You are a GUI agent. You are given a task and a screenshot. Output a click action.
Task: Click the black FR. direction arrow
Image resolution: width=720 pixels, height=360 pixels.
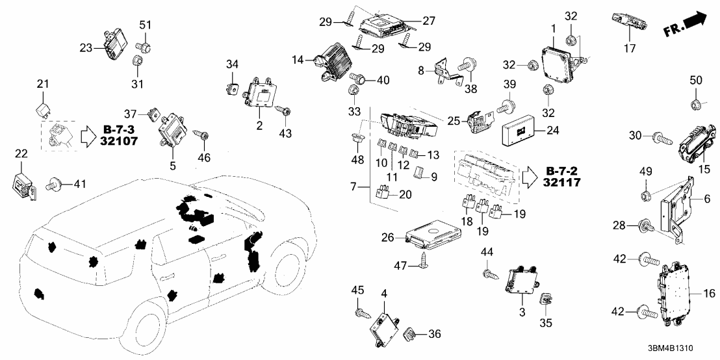pyautogui.click(x=686, y=24)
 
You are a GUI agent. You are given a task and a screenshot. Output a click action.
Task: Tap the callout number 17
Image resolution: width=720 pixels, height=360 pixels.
pyautogui.click(x=630, y=47)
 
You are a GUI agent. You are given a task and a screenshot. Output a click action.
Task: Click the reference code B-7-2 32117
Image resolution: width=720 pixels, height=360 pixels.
pyautogui.click(x=565, y=176)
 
